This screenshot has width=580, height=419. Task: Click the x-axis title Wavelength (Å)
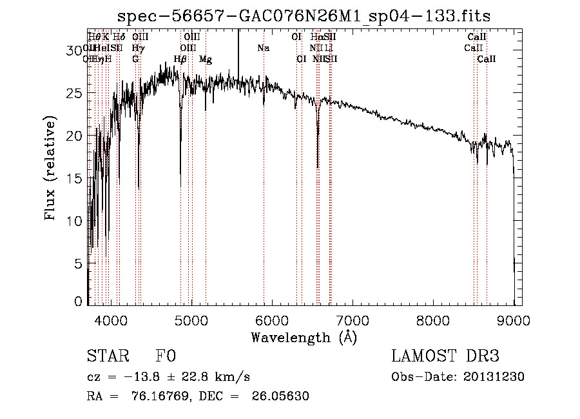(x=304, y=337)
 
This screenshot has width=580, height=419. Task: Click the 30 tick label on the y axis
(x=76, y=50)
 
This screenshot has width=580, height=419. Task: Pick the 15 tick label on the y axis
(x=76, y=178)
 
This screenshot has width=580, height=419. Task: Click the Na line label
(x=263, y=48)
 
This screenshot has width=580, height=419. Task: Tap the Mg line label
(x=205, y=59)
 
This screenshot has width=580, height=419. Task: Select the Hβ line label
(x=180, y=59)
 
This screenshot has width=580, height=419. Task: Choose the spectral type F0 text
(x=166, y=356)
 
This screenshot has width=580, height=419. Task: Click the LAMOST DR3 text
(x=445, y=356)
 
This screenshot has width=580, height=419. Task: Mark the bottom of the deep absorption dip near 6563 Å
(x=318, y=167)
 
